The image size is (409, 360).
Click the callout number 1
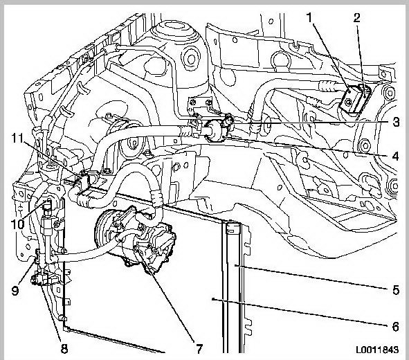tap(309, 18)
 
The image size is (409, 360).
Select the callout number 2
tap(356, 18)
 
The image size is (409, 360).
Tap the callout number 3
tap(396, 122)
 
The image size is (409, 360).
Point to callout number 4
tap(396, 156)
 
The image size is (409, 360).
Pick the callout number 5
tap(396, 290)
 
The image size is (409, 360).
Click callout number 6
tap(396, 326)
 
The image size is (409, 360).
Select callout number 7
tap(199, 348)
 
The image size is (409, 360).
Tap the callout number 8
tap(64, 348)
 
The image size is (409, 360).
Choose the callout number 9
tap(15, 290)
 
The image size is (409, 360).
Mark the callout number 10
tap(18, 224)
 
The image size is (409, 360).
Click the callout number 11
tap(18, 138)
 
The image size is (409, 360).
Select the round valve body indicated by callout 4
tap(215, 131)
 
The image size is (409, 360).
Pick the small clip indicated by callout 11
tap(84, 180)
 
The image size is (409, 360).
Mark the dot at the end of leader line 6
tap(213, 299)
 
